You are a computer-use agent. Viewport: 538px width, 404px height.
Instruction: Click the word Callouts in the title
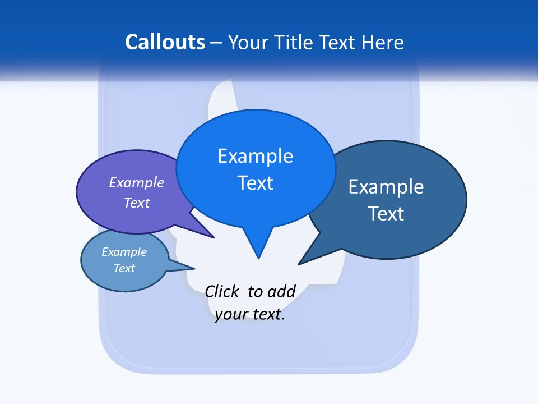[x=165, y=42]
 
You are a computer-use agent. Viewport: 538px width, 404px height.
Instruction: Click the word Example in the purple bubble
[x=136, y=182]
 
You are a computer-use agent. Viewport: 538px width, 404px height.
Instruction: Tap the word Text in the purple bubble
[x=136, y=203]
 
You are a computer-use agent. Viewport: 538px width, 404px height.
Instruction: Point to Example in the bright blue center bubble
[x=255, y=156]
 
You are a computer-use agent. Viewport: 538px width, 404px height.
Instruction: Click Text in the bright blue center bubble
[x=255, y=183]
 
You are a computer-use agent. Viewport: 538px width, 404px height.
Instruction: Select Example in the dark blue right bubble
[x=386, y=187]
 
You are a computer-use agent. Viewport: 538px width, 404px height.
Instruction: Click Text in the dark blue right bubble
[x=386, y=214]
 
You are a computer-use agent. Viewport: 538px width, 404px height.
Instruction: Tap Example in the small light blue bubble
[x=124, y=252]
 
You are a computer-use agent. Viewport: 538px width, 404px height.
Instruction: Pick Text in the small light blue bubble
[x=124, y=268]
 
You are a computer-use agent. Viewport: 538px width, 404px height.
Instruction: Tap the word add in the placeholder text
[x=281, y=291]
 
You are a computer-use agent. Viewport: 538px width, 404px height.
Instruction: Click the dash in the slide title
[x=216, y=43]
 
